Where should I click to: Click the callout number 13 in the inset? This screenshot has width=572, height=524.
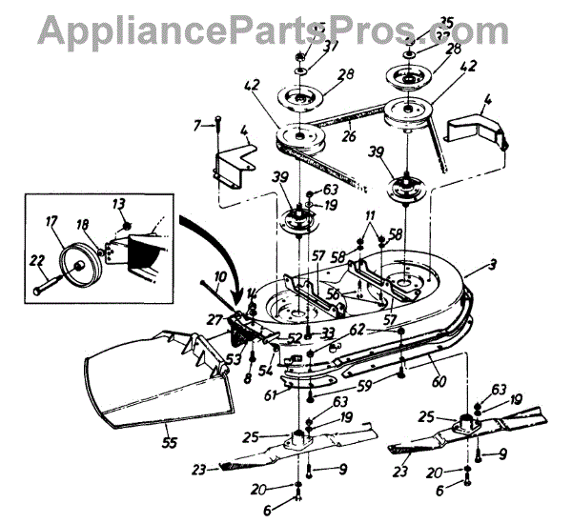tap(117, 203)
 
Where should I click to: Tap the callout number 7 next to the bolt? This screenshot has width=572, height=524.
tap(197, 125)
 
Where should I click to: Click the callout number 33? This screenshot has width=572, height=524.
tap(327, 332)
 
